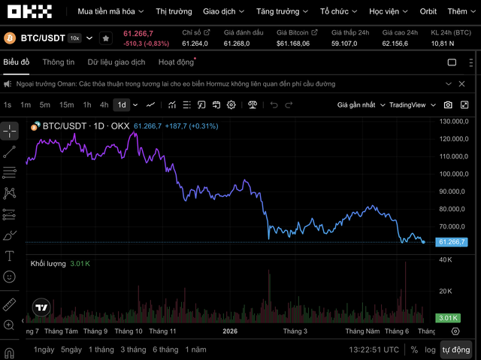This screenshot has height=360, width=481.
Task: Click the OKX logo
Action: tap(30, 11)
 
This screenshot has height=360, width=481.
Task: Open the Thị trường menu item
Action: tap(174, 12)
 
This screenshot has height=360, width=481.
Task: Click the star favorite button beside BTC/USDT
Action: tap(106, 38)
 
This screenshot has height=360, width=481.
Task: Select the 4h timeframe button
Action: tap(104, 105)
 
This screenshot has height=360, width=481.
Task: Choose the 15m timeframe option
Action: tap(67, 105)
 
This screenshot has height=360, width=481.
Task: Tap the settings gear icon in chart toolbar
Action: tap(231, 105)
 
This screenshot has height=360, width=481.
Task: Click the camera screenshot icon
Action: tap(448, 105)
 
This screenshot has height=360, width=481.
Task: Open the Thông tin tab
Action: tap(59, 62)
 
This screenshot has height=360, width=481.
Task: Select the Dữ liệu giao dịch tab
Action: tap(116, 62)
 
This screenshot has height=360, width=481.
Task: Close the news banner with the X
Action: tap(461, 83)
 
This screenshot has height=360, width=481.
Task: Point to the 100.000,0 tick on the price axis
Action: tap(454, 174)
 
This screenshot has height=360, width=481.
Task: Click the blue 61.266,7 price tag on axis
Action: tap(452, 242)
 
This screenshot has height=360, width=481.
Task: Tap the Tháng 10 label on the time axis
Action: tap(129, 331)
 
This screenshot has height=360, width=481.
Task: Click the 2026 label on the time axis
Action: tap(230, 331)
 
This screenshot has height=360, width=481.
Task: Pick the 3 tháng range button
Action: tap(133, 349)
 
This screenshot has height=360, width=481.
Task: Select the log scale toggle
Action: tap(430, 350)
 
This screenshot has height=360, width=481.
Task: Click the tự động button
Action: tap(456, 350)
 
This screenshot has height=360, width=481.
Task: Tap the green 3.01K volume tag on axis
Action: tap(448, 318)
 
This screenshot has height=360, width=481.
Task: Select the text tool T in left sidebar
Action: tap(10, 256)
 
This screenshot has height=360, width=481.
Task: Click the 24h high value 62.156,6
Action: tap(395, 44)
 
